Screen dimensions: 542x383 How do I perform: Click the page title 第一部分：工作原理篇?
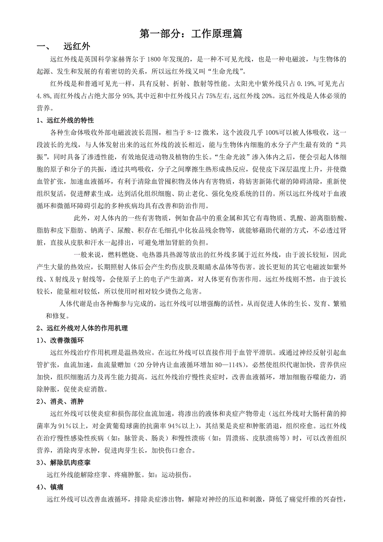pyautogui.click(x=191, y=34)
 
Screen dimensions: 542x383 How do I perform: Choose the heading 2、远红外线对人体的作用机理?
pyautogui.click(x=82, y=328)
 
